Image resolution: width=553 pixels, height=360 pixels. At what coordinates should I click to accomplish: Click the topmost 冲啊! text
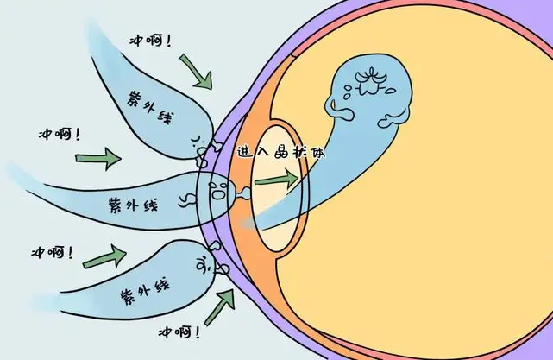[x=151, y=41]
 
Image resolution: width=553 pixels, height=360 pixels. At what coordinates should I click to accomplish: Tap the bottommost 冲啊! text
[x=179, y=332]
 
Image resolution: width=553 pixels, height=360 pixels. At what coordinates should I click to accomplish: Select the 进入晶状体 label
[x=280, y=152]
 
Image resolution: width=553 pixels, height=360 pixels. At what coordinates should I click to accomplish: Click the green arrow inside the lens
[x=277, y=180]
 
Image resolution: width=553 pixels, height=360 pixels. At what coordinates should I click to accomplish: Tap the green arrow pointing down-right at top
[x=197, y=71]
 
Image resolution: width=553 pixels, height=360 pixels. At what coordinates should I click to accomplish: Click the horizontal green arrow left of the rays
[x=98, y=159]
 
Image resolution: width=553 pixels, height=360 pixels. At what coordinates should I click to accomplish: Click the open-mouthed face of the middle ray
[x=217, y=191]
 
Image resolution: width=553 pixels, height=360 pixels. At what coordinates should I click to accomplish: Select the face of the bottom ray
[x=204, y=265]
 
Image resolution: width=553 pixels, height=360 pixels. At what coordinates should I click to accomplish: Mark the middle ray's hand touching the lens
[x=244, y=193]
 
